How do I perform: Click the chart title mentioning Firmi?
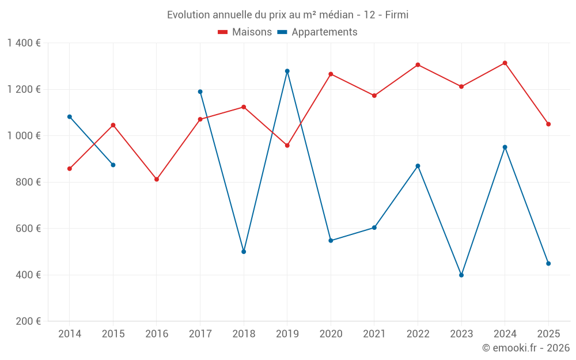(287, 15)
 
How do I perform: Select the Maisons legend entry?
(245, 32)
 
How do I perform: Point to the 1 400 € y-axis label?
(24, 43)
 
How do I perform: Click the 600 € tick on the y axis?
(28, 229)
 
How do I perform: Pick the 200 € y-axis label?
(28, 321)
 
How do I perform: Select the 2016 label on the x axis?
(157, 334)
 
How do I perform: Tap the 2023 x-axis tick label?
(461, 334)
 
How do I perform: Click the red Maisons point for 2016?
(157, 179)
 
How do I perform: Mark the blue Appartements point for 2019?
(287, 71)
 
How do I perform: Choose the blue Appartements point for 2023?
(461, 275)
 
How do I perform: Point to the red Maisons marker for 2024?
(505, 63)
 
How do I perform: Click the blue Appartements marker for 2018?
(244, 252)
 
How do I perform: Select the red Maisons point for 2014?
(70, 169)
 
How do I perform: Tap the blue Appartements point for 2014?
(70, 117)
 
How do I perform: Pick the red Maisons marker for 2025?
(548, 124)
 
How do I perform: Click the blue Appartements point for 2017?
(200, 92)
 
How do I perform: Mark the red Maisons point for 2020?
(331, 74)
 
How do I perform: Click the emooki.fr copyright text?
(526, 348)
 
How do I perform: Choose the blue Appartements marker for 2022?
(418, 166)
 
